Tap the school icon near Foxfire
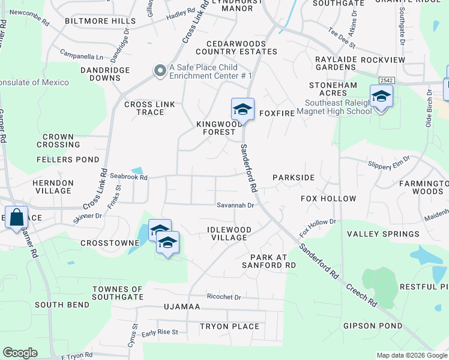pyautogui.click(x=243, y=109)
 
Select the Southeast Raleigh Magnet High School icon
pyautogui.click(x=381, y=95)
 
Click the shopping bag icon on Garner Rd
pyautogui.click(x=17, y=217)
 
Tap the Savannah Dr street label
pyautogui.click(x=236, y=205)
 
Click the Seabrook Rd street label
pyautogui.click(x=128, y=176)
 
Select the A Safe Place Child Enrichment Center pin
pyautogui.click(x=160, y=71)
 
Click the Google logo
pyautogui.click(x=20, y=353)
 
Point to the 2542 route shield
pyautogui.click(x=386, y=79)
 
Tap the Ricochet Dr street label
pyautogui.click(x=223, y=297)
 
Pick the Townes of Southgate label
pyautogui.click(x=118, y=293)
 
